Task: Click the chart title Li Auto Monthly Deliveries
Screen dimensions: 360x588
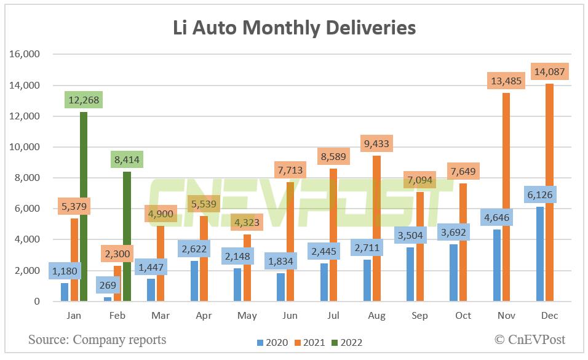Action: click(293, 28)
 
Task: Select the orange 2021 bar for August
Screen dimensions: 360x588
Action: click(377, 228)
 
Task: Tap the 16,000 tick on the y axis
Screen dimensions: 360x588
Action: click(25, 54)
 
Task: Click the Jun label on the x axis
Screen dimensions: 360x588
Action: click(290, 316)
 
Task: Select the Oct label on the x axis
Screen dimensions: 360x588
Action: click(463, 316)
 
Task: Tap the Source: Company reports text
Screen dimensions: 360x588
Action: click(97, 340)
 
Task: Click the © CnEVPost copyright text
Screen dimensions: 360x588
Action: click(530, 340)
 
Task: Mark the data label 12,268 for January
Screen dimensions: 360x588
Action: click(82, 100)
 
